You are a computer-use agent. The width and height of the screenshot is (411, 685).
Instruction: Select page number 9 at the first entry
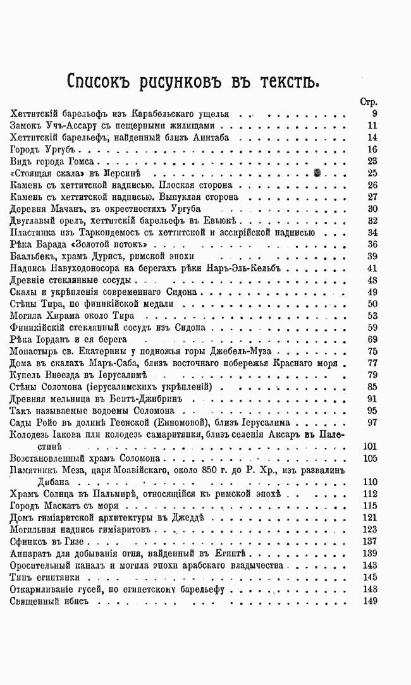coord(374,114)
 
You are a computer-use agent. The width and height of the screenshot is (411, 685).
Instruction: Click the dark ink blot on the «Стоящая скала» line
coord(317,173)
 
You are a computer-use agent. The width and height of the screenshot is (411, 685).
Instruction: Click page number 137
coord(369,542)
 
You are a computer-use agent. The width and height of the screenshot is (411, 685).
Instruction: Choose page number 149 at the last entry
coord(369,601)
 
